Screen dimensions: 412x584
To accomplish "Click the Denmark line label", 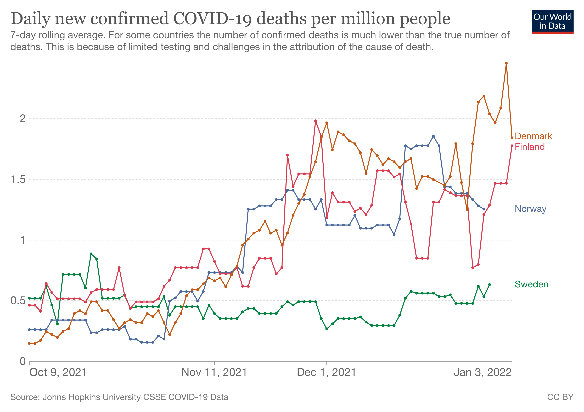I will click(533, 136).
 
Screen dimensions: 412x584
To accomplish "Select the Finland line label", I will click(530, 147).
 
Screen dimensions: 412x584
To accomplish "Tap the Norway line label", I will click(530, 209).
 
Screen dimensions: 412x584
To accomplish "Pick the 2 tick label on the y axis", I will click(23, 119).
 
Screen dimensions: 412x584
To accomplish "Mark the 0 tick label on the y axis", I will click(23, 361).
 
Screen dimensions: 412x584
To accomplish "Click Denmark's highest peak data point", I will click(506, 63).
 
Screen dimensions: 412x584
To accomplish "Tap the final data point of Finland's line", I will click(512, 146).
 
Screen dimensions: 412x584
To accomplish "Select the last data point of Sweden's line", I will click(489, 285).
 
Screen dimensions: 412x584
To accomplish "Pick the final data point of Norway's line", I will click(484, 209).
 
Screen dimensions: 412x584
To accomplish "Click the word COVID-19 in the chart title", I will click(213, 19).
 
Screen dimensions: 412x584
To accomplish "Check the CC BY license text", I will click(560, 397).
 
